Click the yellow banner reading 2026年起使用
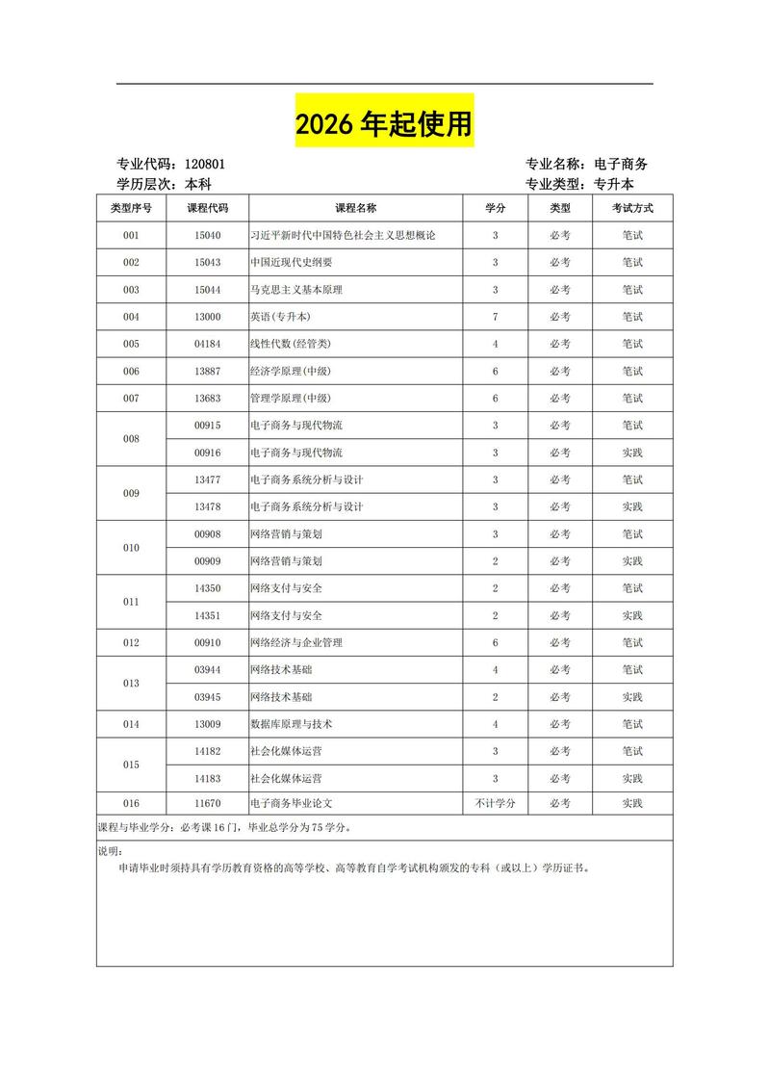click(383, 124)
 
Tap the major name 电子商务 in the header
click(621, 165)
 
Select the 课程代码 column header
click(208, 208)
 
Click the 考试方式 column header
click(631, 208)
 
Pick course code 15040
click(208, 235)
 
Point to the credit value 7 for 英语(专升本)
click(495, 317)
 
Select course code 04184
click(208, 344)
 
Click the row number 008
click(132, 439)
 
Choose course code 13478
click(208, 506)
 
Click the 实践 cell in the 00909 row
click(631, 560)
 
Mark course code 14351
click(208, 615)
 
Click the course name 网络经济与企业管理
click(296, 642)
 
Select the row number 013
click(132, 683)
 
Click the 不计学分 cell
click(495, 802)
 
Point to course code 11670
click(208, 802)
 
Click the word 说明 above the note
click(110, 851)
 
